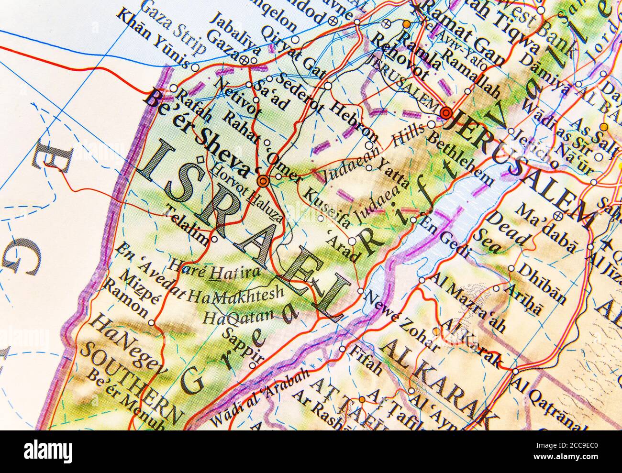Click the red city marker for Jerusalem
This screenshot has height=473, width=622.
pyautogui.click(x=446, y=113)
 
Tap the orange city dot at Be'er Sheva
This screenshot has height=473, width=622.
pyautogui.click(x=263, y=181)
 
